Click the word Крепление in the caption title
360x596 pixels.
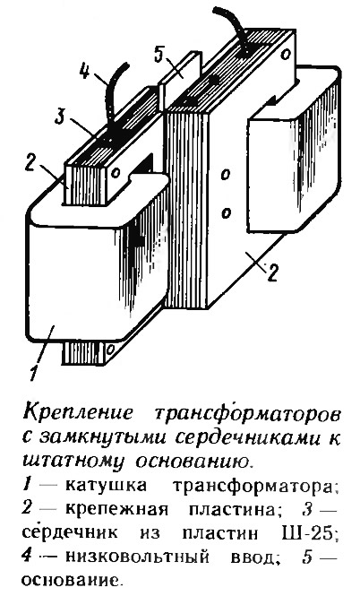(x=78, y=414)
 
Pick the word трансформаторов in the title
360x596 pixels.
(x=246, y=413)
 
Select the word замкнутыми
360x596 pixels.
(x=103, y=437)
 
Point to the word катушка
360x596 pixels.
(x=106, y=486)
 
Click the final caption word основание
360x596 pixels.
(x=73, y=581)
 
